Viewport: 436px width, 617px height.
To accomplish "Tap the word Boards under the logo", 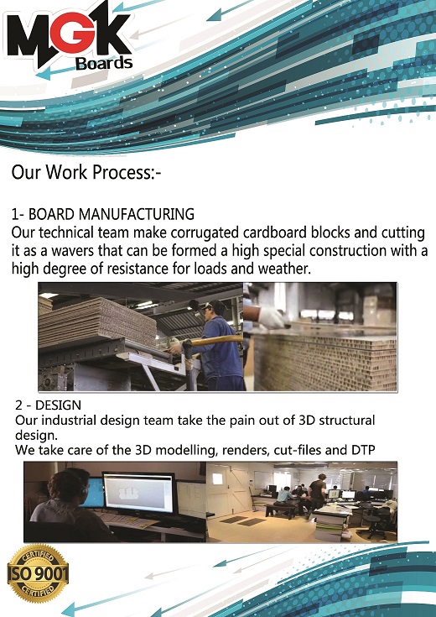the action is (x=104, y=63).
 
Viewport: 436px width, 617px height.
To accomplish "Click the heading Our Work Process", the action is (x=86, y=172).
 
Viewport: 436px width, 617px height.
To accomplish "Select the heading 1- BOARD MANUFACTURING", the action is (x=102, y=214).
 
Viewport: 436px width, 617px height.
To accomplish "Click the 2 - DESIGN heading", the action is (x=49, y=405).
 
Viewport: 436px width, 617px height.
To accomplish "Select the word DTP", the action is (x=361, y=450).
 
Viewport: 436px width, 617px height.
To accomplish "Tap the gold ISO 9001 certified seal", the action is (x=38, y=573).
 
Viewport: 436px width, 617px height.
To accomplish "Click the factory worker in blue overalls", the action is (x=215, y=344).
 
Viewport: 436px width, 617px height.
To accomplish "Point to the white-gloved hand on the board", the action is (x=271, y=317).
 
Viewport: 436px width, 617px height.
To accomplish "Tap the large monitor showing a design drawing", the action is (x=139, y=493).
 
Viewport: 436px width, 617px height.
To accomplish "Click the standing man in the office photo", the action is (x=316, y=496).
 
